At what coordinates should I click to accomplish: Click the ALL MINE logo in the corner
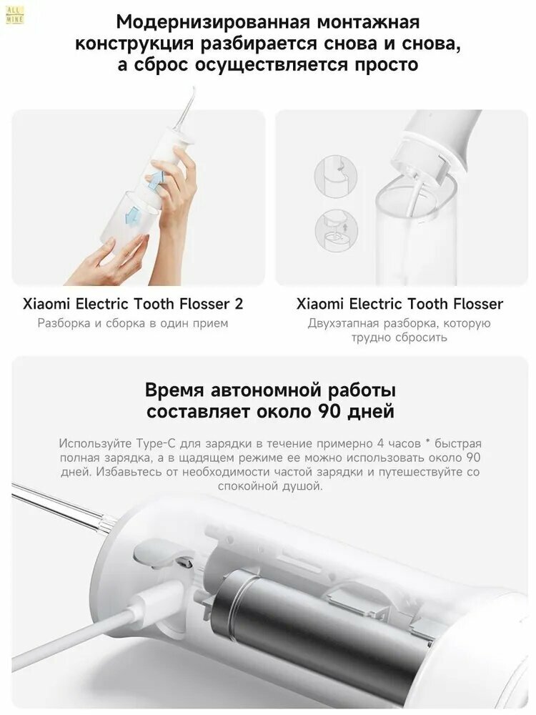14,15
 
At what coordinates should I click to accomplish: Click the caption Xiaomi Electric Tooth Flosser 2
133,304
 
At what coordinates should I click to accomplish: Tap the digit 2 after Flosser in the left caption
239,304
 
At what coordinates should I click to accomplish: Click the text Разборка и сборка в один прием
133,323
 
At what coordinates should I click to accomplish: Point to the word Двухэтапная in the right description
343,324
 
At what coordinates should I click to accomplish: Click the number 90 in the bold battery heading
327,411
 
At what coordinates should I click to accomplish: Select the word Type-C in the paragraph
155,444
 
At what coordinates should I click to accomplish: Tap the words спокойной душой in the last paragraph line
270,486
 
